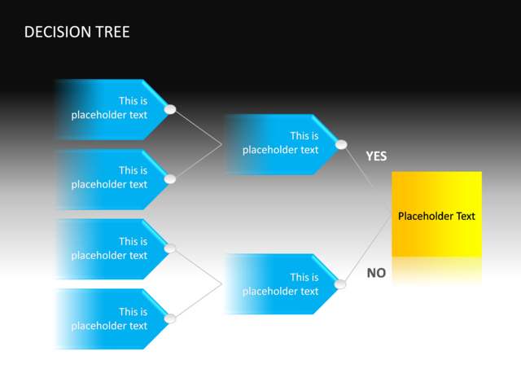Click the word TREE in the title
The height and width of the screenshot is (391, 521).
coord(112,33)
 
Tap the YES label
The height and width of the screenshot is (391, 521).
coord(376,156)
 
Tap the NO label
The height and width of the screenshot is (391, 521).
coord(376,273)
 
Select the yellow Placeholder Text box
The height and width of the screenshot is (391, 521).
coord(436,215)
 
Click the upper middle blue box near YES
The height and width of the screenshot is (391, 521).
coord(280,143)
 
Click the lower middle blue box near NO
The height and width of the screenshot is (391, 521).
coord(280,284)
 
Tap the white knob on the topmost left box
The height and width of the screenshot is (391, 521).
coord(170,109)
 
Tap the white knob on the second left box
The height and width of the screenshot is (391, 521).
coord(170,179)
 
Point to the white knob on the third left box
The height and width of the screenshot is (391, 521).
coord(170,248)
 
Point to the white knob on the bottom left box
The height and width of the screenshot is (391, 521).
coord(170,319)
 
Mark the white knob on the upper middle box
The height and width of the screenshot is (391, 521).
coord(341,145)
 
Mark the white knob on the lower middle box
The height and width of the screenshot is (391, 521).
coord(341,284)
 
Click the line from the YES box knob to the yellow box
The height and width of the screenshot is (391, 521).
coord(368,180)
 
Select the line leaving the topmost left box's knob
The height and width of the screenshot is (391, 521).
coord(196,127)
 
